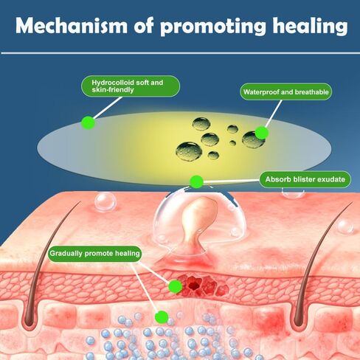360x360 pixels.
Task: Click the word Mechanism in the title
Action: [x=72, y=26]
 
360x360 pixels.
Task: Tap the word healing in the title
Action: [x=311, y=27]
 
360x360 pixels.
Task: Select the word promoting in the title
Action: [x=213, y=27]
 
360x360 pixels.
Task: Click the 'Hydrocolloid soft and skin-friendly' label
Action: [x=131, y=86]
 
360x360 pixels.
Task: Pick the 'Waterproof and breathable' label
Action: [x=286, y=92]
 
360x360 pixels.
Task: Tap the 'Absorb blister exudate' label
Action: [x=305, y=179]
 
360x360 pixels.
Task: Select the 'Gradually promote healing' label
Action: [x=94, y=254]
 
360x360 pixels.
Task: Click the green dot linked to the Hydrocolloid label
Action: [x=89, y=122]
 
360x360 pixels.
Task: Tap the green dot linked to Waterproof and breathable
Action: [x=262, y=133]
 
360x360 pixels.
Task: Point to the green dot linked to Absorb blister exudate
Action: [x=196, y=182]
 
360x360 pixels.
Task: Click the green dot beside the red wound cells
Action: [x=176, y=286]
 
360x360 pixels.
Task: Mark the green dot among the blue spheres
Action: [x=162, y=317]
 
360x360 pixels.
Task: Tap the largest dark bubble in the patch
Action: [x=189, y=151]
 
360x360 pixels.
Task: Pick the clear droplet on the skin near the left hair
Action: [x=105, y=201]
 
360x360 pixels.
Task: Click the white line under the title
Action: [x=180, y=53]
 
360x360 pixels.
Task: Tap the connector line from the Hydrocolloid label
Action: [x=108, y=108]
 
